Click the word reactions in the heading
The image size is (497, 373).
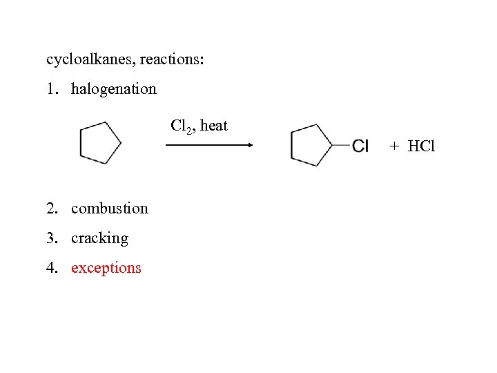pyautogui.click(x=169, y=59)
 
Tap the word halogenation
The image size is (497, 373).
pyautogui.click(x=113, y=89)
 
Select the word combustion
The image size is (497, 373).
pyautogui.click(x=109, y=209)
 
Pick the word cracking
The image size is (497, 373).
pyautogui.click(x=99, y=238)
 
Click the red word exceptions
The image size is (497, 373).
pyautogui.click(x=106, y=268)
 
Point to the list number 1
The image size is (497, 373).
pyautogui.click(x=50, y=89)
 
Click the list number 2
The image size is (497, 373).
pyautogui.click(x=50, y=209)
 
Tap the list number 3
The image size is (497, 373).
pyautogui.click(x=50, y=238)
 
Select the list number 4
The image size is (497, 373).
pyautogui.click(x=50, y=268)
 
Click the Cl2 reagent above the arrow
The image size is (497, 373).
pyautogui.click(x=181, y=126)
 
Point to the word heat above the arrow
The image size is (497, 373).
pyautogui.click(x=213, y=126)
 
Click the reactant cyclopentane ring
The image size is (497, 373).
pyautogui.click(x=99, y=143)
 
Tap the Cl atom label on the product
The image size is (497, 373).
pyautogui.click(x=361, y=146)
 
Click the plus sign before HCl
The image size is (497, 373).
pyautogui.click(x=393, y=146)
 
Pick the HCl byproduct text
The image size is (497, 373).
pyautogui.click(x=422, y=146)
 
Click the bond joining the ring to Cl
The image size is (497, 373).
pyautogui.click(x=341, y=145)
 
